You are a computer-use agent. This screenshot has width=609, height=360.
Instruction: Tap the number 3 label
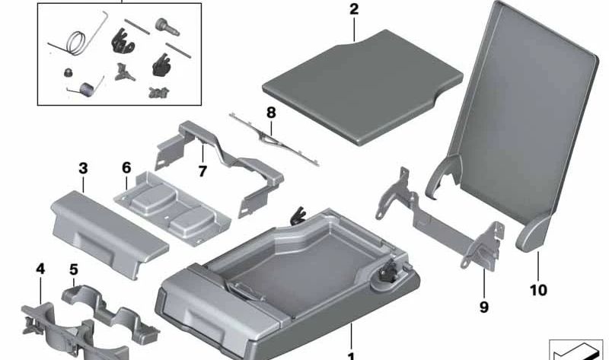coord(83,167)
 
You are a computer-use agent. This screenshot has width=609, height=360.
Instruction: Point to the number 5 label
coord(73,269)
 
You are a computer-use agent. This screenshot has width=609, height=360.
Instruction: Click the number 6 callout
coord(126,167)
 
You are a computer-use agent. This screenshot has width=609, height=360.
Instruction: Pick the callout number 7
coord(202,171)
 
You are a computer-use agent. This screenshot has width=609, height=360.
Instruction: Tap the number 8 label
coord(270,113)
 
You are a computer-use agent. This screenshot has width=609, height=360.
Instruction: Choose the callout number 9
coord(484,307)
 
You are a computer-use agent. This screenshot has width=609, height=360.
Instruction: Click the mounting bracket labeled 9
coord(442,221)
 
